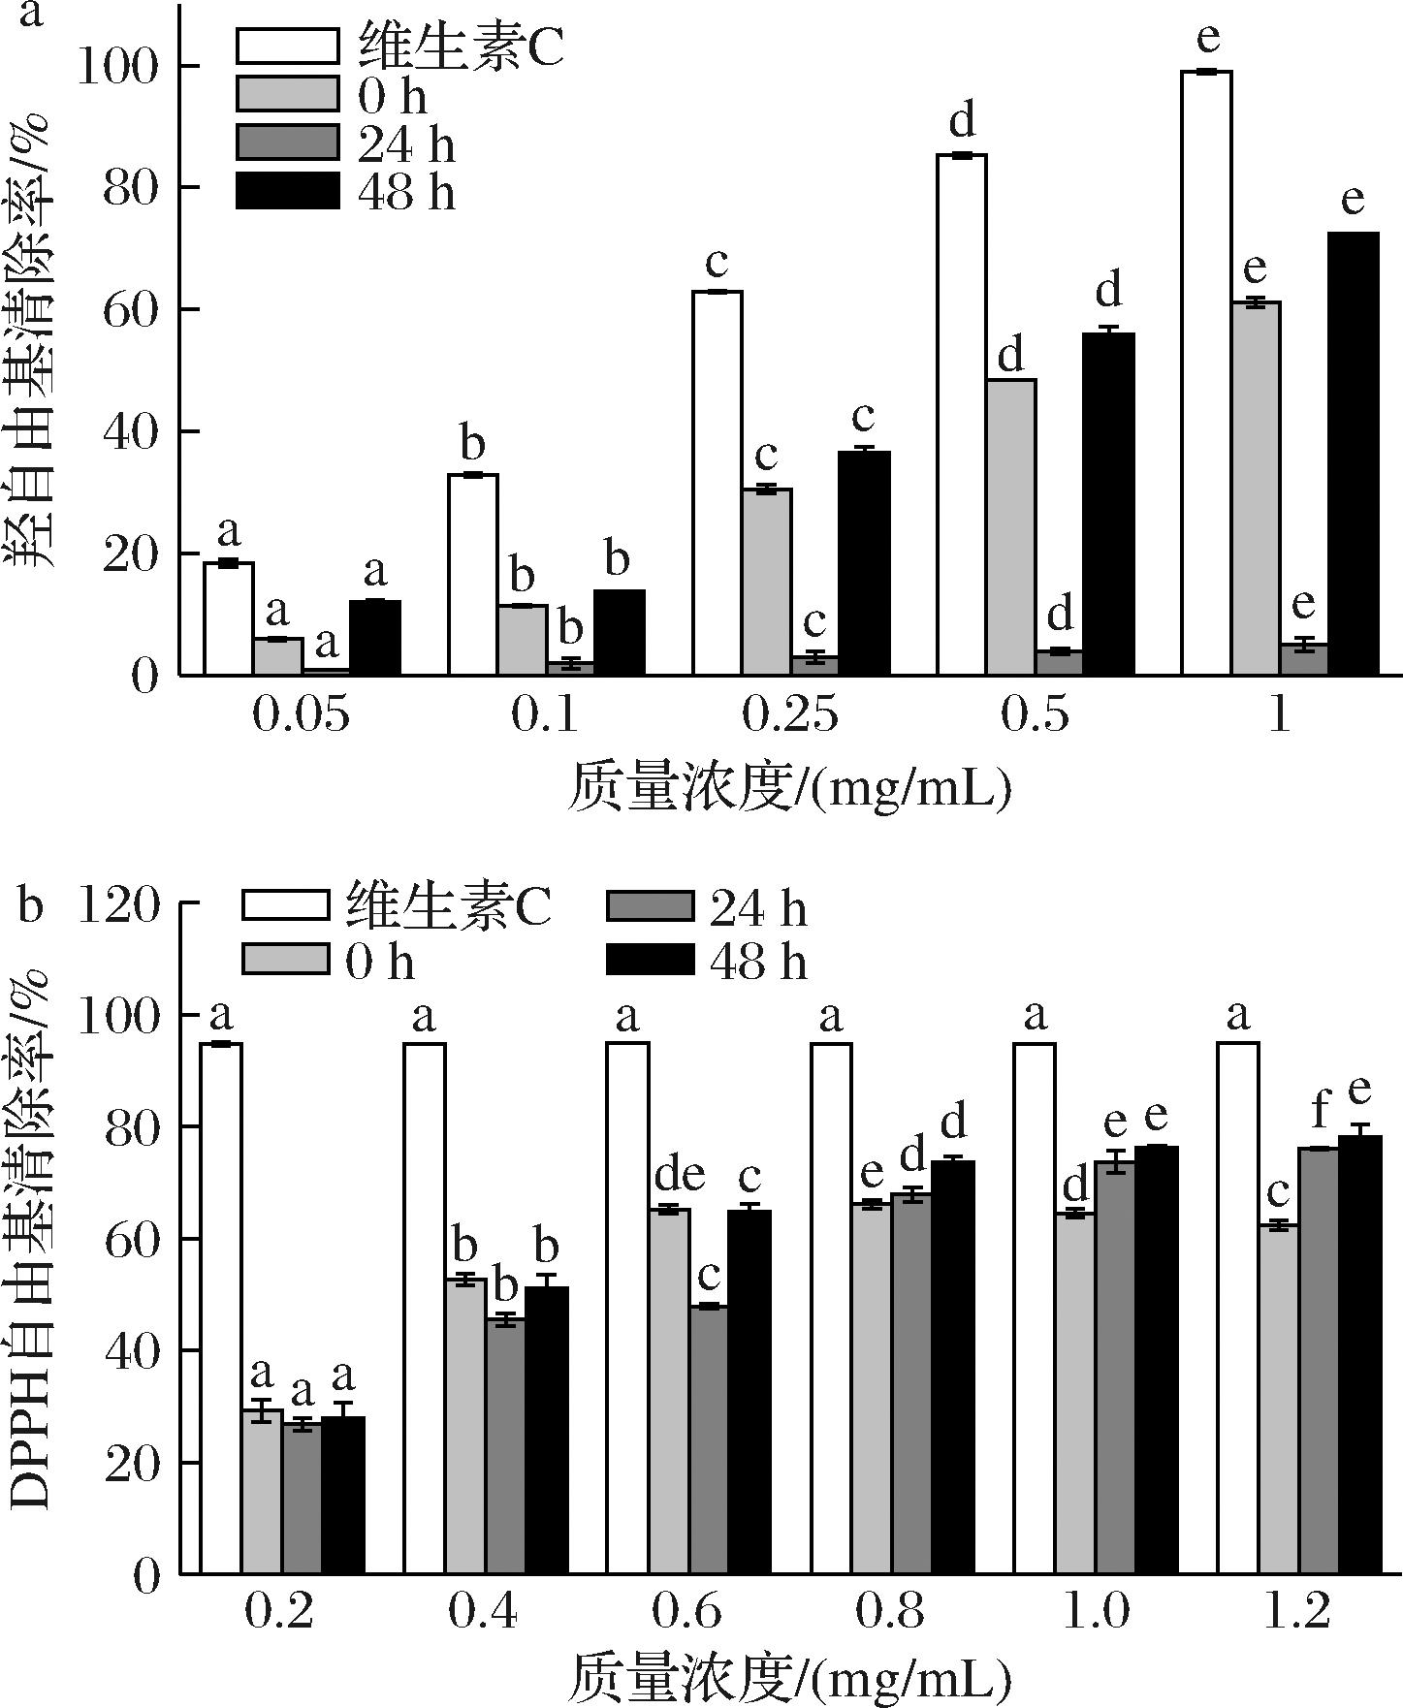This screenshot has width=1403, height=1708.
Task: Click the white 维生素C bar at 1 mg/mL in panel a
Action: pos(1206,373)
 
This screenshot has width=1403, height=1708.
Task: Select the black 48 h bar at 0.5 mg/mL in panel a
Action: pos(1108,504)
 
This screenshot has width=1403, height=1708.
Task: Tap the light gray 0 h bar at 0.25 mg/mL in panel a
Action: pos(766,582)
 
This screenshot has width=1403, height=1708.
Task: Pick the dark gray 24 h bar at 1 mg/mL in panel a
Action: pos(1304,660)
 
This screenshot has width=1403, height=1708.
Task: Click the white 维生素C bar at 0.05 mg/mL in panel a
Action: pos(229,618)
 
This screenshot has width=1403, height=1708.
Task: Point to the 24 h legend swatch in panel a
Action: pos(288,143)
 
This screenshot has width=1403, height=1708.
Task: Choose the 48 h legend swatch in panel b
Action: pos(651,959)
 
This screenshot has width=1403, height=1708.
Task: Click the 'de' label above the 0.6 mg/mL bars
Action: pos(679,1176)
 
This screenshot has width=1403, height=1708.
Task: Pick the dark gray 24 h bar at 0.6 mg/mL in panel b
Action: pos(708,1439)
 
